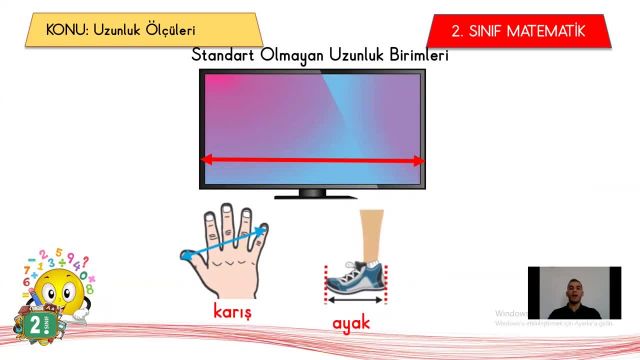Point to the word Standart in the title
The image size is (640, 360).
point(227,55)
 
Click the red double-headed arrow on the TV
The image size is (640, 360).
point(313,159)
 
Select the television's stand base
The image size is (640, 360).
point(313,193)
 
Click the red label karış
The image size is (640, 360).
point(232,310)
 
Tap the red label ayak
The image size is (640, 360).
point(351,323)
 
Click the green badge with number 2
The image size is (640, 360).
point(36,326)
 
